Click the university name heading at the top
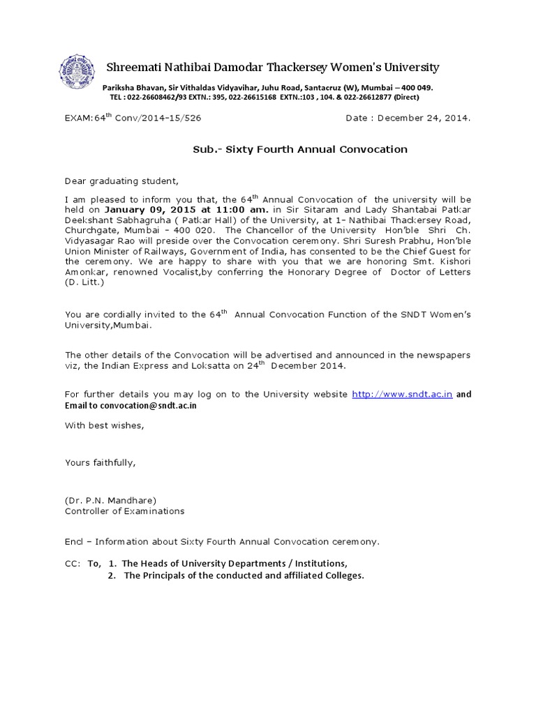click(x=272, y=67)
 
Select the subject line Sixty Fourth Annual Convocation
click(x=300, y=149)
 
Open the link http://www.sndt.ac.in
click(x=403, y=394)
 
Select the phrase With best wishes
click(x=105, y=425)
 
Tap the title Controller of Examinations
click(x=125, y=510)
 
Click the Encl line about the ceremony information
click(x=223, y=541)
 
